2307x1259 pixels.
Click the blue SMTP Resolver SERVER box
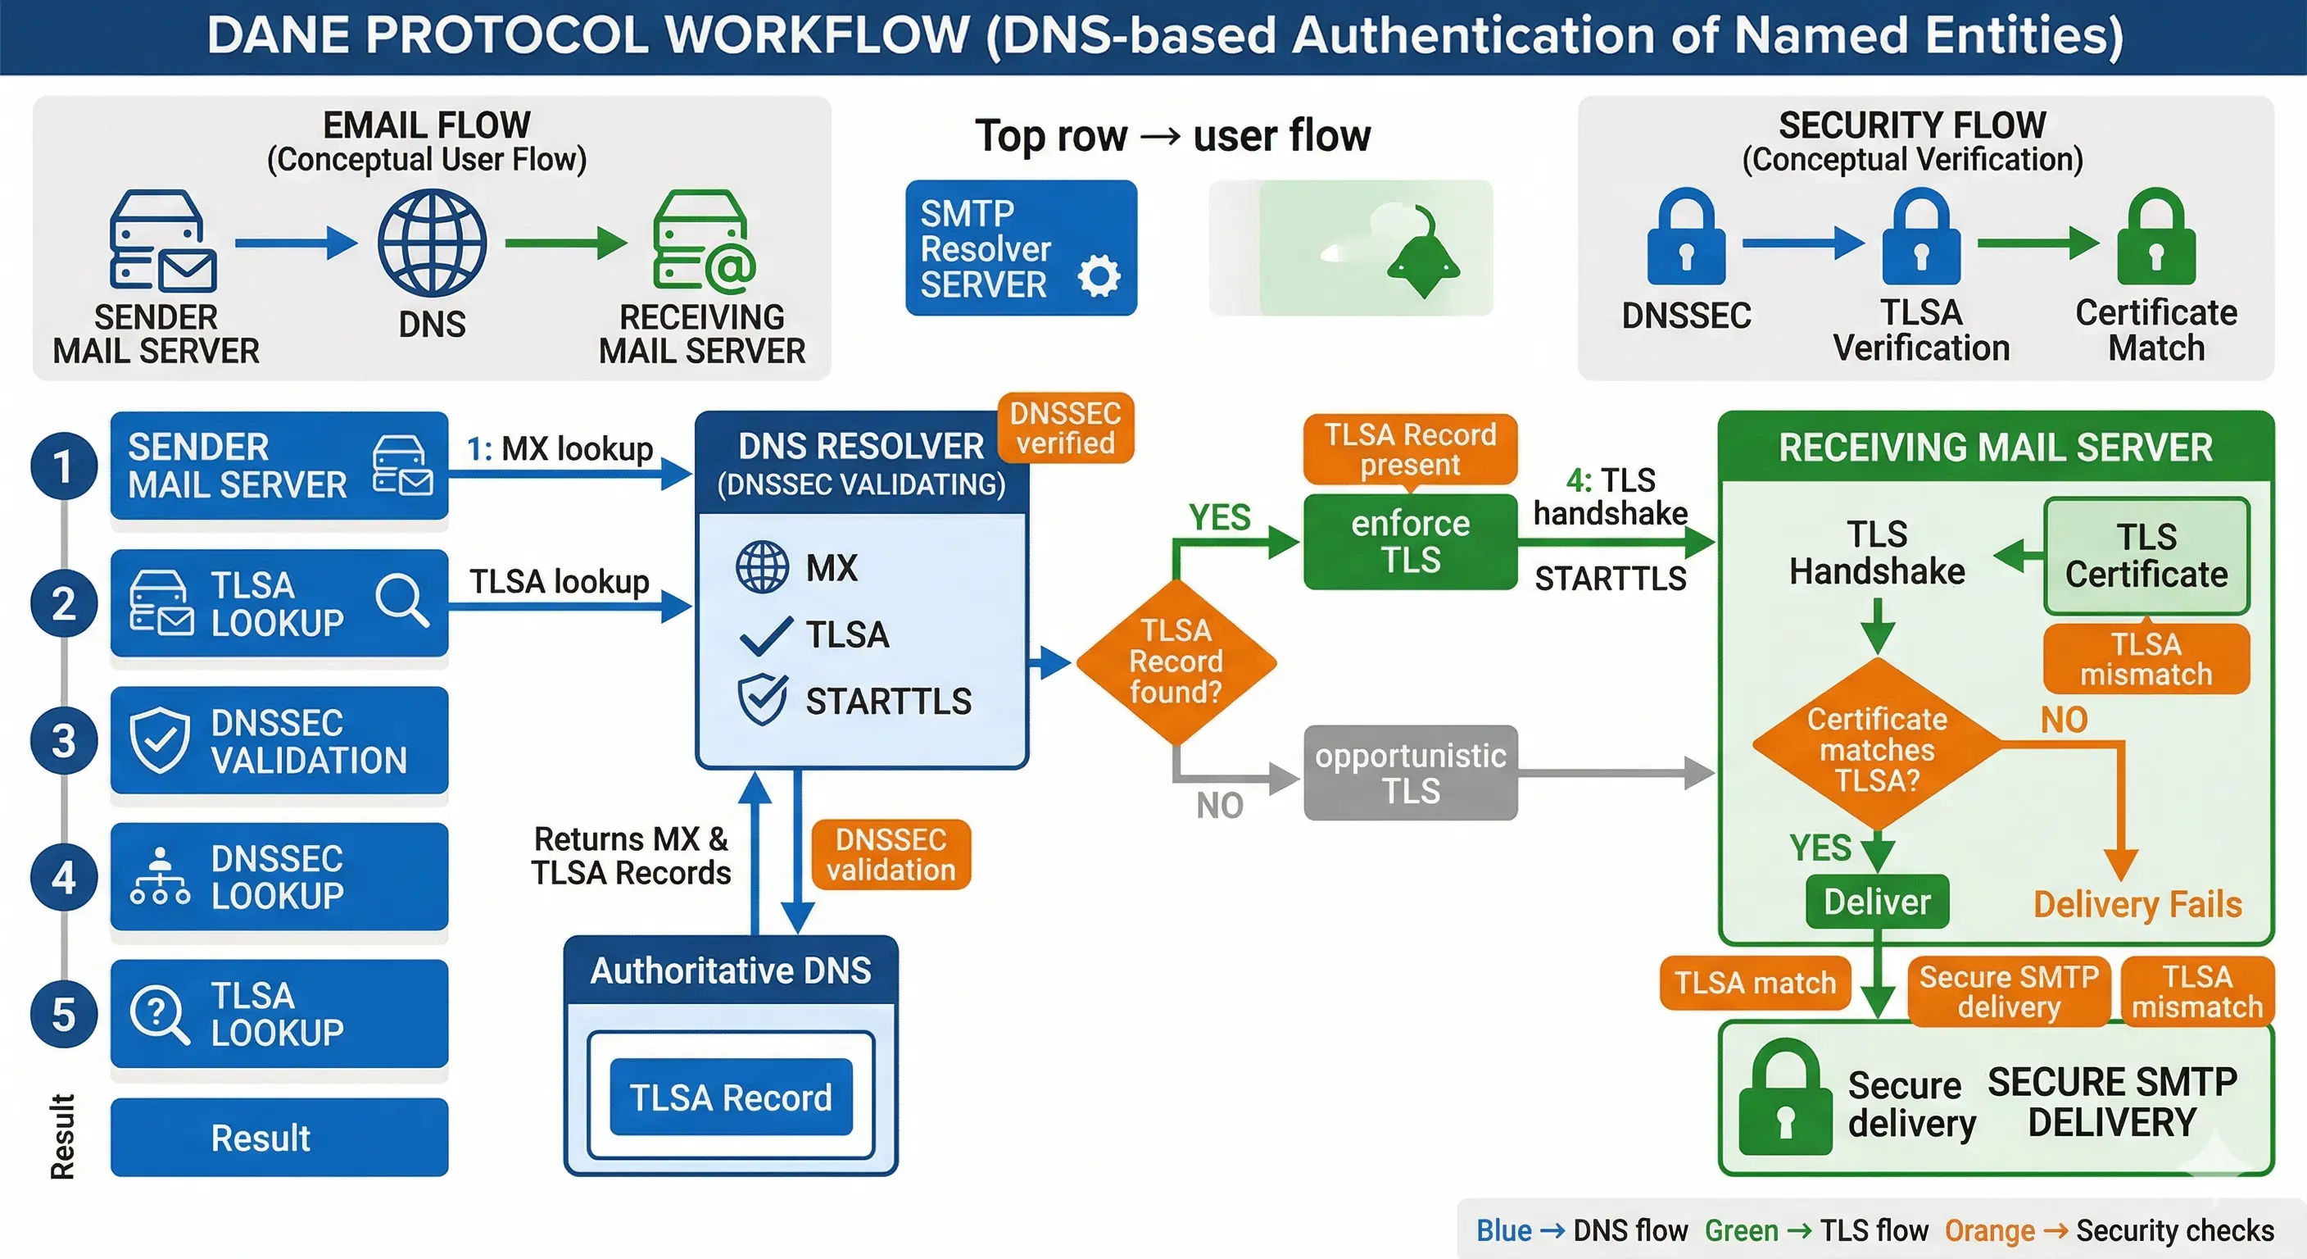[1020, 248]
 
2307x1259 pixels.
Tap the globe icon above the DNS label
[432, 243]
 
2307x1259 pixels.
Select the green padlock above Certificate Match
[2155, 238]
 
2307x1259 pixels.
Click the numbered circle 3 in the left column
[64, 740]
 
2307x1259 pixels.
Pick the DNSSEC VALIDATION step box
[279, 740]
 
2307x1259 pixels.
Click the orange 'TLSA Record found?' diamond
[1175, 661]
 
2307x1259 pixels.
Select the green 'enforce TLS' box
[1410, 541]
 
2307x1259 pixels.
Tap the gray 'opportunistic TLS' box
[1410, 772]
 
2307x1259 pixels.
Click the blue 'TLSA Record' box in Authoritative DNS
[730, 1097]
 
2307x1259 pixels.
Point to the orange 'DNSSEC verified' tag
[1065, 427]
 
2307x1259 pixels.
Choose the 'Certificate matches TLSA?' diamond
[1876, 749]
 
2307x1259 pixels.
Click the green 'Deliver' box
[1876, 902]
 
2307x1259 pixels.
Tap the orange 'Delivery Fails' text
[2137, 904]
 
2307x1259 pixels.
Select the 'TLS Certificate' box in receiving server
[2146, 556]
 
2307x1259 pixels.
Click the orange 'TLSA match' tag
[1755, 983]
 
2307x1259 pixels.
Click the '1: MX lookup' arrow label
[560, 448]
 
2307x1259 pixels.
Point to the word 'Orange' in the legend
[1989, 1230]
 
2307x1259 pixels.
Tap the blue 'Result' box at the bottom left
[279, 1137]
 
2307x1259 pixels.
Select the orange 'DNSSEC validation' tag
[891, 854]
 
